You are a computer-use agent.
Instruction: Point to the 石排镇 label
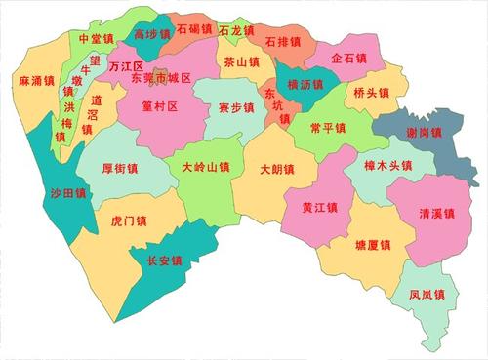pos(282,43)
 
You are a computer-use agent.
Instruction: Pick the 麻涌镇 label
pos(37,80)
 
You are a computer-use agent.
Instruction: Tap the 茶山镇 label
pos(241,61)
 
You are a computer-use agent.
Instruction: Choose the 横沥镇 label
pos(305,86)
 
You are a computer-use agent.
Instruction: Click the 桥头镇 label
pos(372,94)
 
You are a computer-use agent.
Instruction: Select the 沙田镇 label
pos(68,194)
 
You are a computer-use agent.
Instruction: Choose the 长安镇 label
pos(164,260)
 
